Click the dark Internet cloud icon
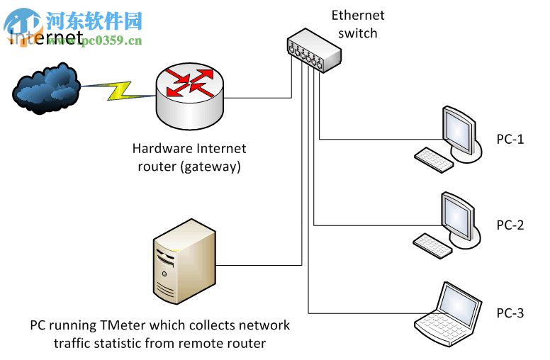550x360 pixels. coord(45,89)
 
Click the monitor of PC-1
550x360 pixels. coord(458,132)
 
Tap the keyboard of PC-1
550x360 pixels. coord(434,159)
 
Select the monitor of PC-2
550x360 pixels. coord(458,218)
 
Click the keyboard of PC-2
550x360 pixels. coord(434,245)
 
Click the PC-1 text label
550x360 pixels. coord(510,139)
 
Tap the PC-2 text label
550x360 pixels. coord(510,225)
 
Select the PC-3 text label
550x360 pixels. coord(510,313)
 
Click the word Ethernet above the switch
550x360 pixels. coord(357,16)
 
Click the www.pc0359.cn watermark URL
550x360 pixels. coord(99,40)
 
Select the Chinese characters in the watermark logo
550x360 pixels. coord(94,18)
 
